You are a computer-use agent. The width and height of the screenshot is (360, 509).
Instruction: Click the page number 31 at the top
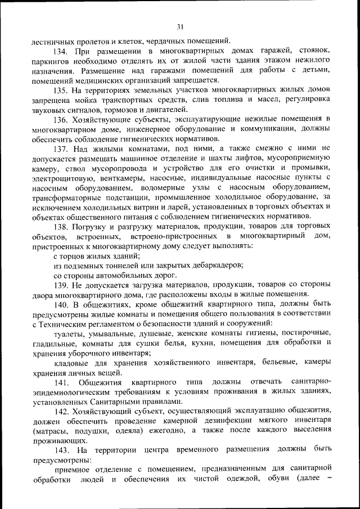tap(180, 26)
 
